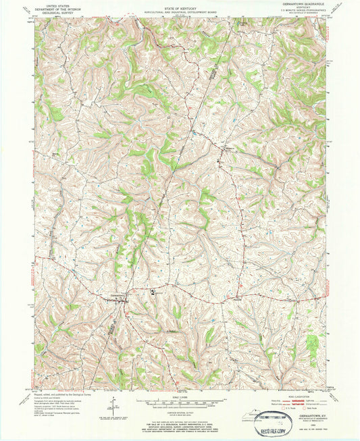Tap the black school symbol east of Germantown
(153, 292)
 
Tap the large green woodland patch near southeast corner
(312, 345)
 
